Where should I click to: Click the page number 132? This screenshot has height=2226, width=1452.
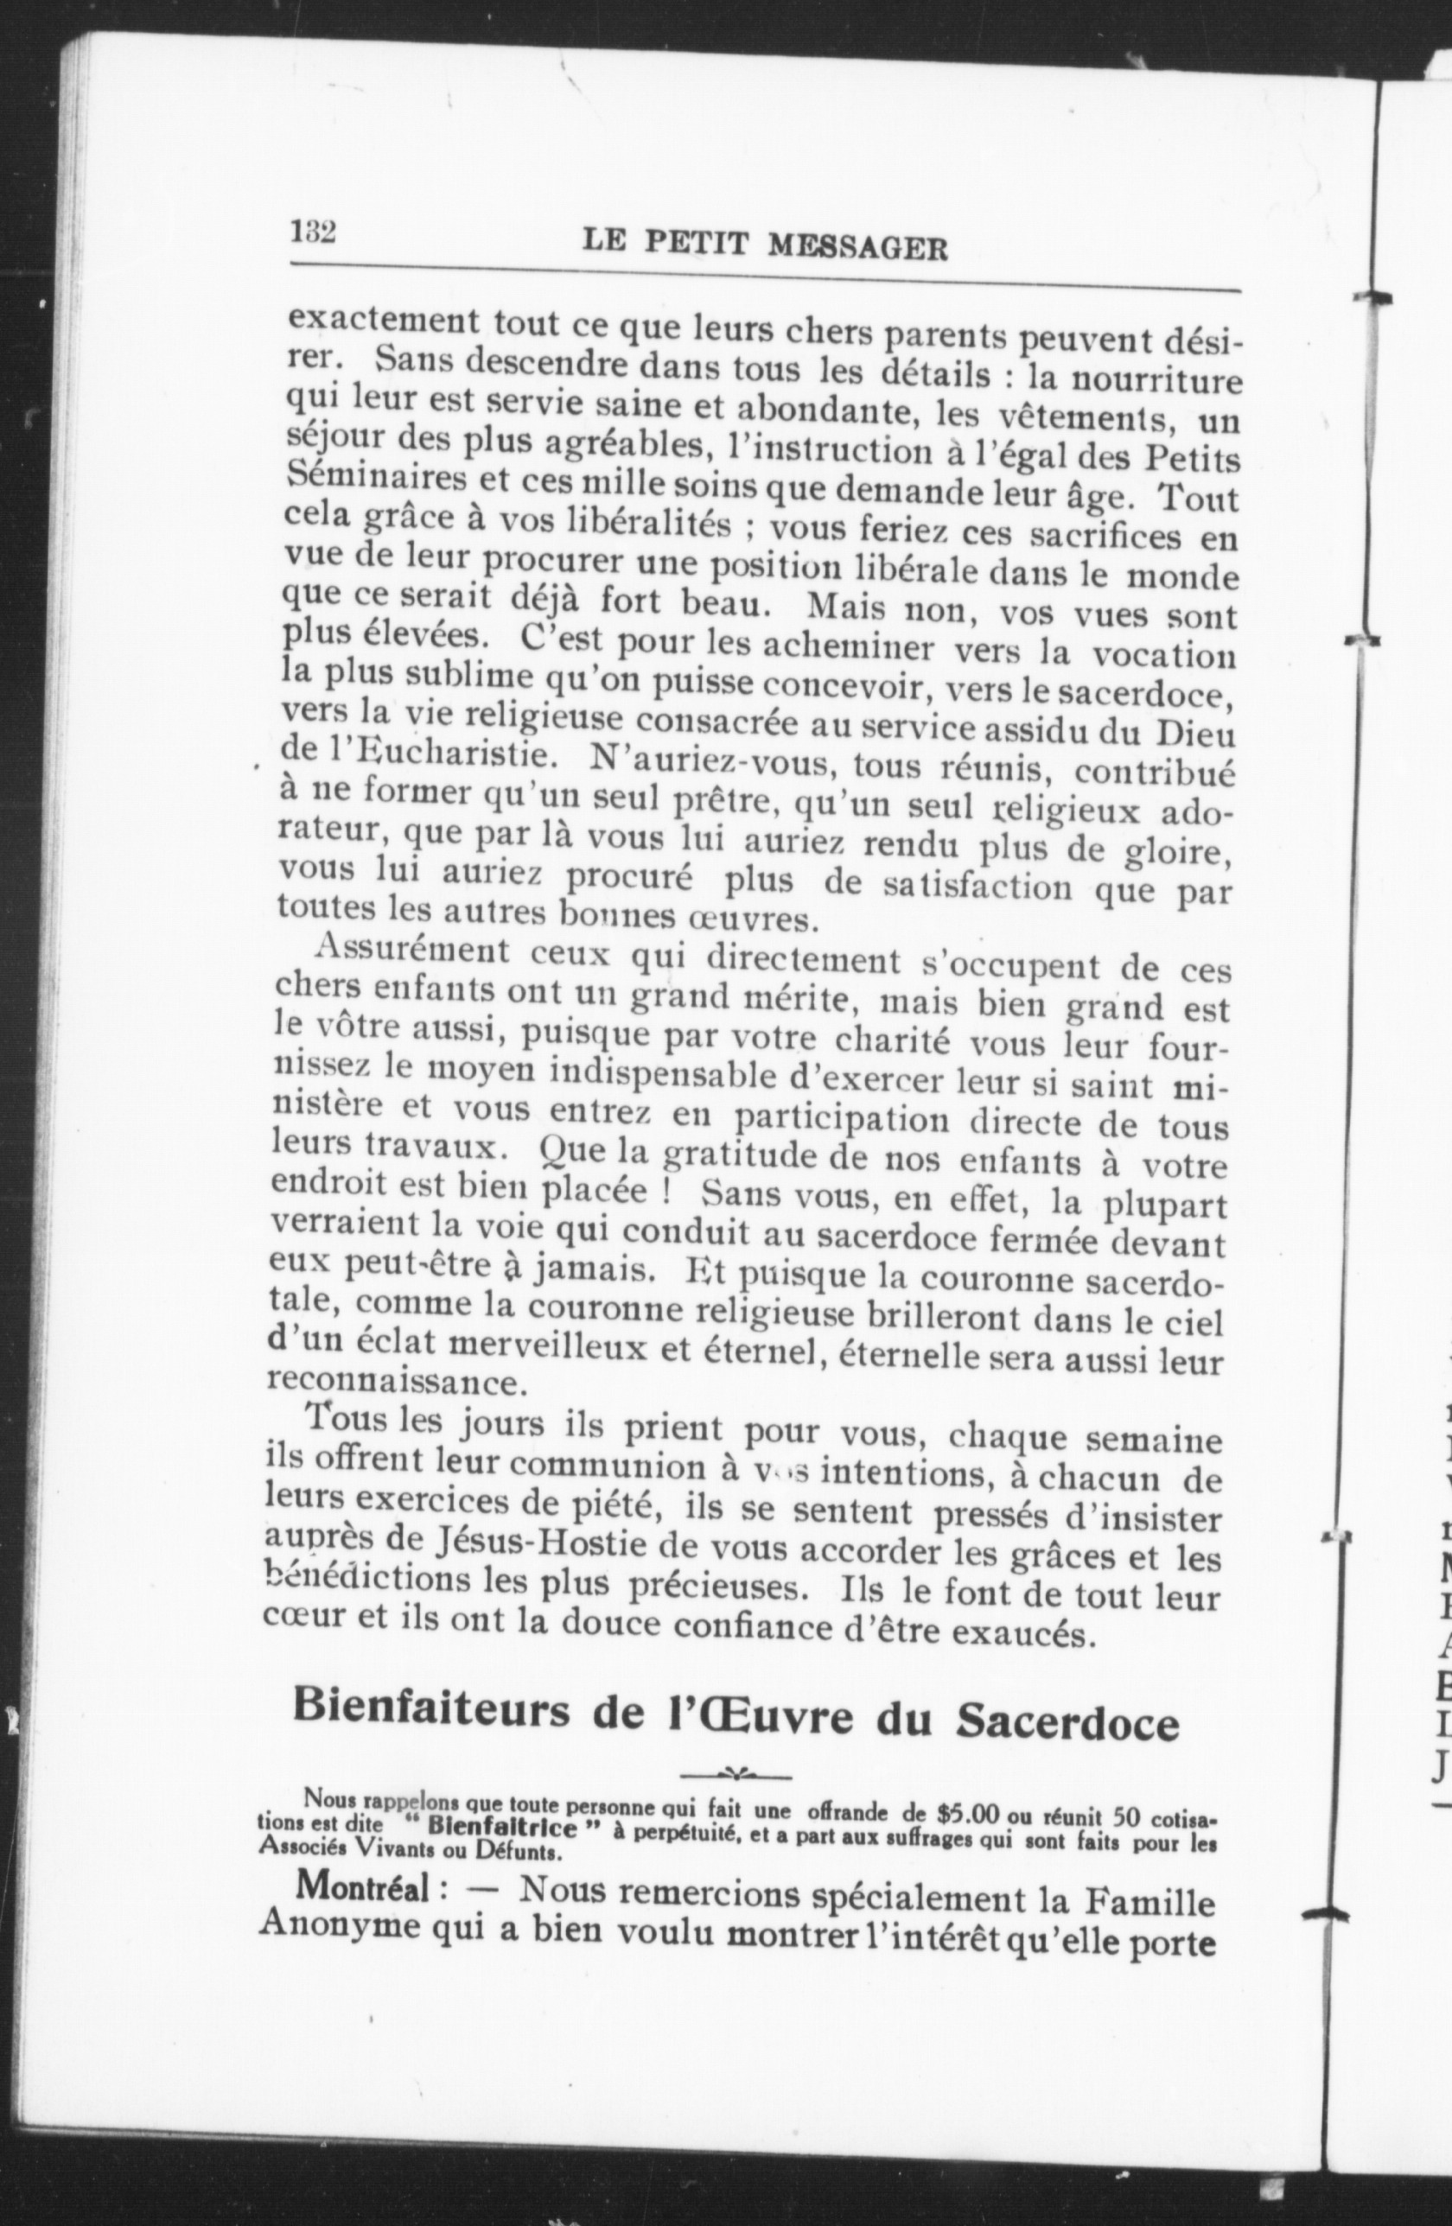point(314,231)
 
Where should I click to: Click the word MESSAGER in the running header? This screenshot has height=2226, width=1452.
point(858,247)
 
